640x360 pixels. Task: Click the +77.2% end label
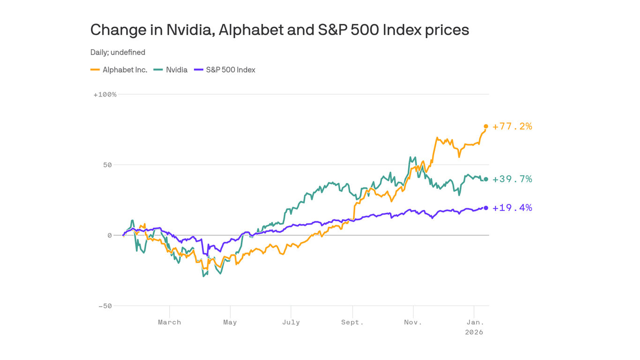click(x=512, y=126)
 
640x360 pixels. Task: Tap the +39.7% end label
click(x=512, y=179)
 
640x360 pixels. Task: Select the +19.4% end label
click(x=512, y=208)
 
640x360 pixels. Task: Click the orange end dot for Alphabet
click(x=486, y=126)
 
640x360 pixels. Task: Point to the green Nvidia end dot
click(x=486, y=179)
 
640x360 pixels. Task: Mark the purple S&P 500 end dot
click(x=486, y=208)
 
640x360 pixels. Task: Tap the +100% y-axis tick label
click(x=105, y=95)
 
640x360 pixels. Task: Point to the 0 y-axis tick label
click(x=110, y=235)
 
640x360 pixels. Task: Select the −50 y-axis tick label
click(x=105, y=306)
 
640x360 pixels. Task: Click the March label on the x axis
click(x=169, y=322)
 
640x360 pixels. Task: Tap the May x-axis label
click(x=230, y=322)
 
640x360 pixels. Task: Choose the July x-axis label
click(x=291, y=322)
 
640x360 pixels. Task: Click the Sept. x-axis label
click(x=352, y=322)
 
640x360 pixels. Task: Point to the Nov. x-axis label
click(x=413, y=322)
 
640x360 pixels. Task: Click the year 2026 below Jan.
click(x=474, y=332)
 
